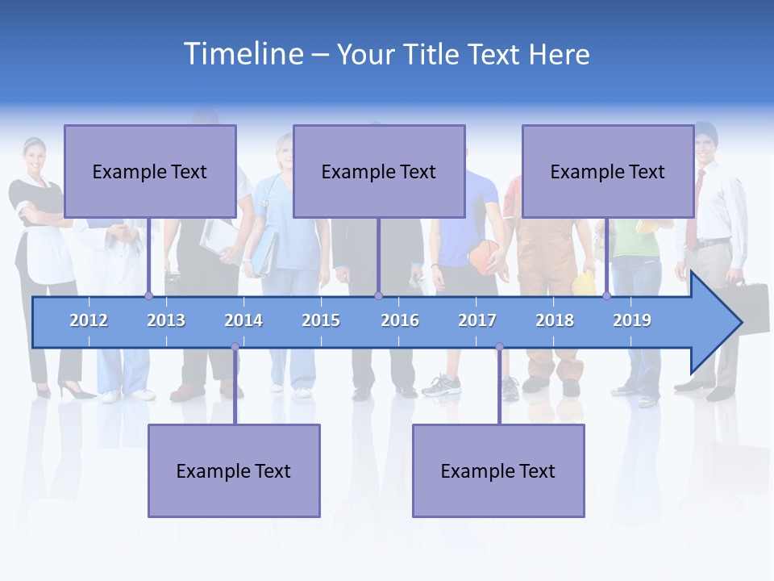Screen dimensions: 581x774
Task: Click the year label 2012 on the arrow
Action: click(89, 320)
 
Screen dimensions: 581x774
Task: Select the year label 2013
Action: click(166, 320)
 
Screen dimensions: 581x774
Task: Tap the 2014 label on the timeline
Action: click(243, 320)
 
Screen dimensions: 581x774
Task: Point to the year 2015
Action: click(321, 320)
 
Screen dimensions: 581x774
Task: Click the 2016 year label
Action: click(400, 320)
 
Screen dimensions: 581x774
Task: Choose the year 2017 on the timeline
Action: click(477, 320)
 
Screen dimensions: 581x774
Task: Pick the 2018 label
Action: click(555, 320)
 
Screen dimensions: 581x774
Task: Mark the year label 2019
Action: click(632, 320)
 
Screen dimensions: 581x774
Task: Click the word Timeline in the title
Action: click(242, 54)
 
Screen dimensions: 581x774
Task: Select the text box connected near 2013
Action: click(150, 171)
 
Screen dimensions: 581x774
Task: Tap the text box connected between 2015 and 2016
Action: click(379, 171)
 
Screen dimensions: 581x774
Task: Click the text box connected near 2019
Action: click(608, 171)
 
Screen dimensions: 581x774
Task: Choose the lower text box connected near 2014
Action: click(234, 470)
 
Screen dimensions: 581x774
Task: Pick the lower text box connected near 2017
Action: click(498, 470)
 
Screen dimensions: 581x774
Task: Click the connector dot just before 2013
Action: click(148, 295)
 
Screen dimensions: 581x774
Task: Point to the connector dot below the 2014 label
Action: click(235, 347)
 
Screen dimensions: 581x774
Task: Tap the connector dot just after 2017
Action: click(499, 347)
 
